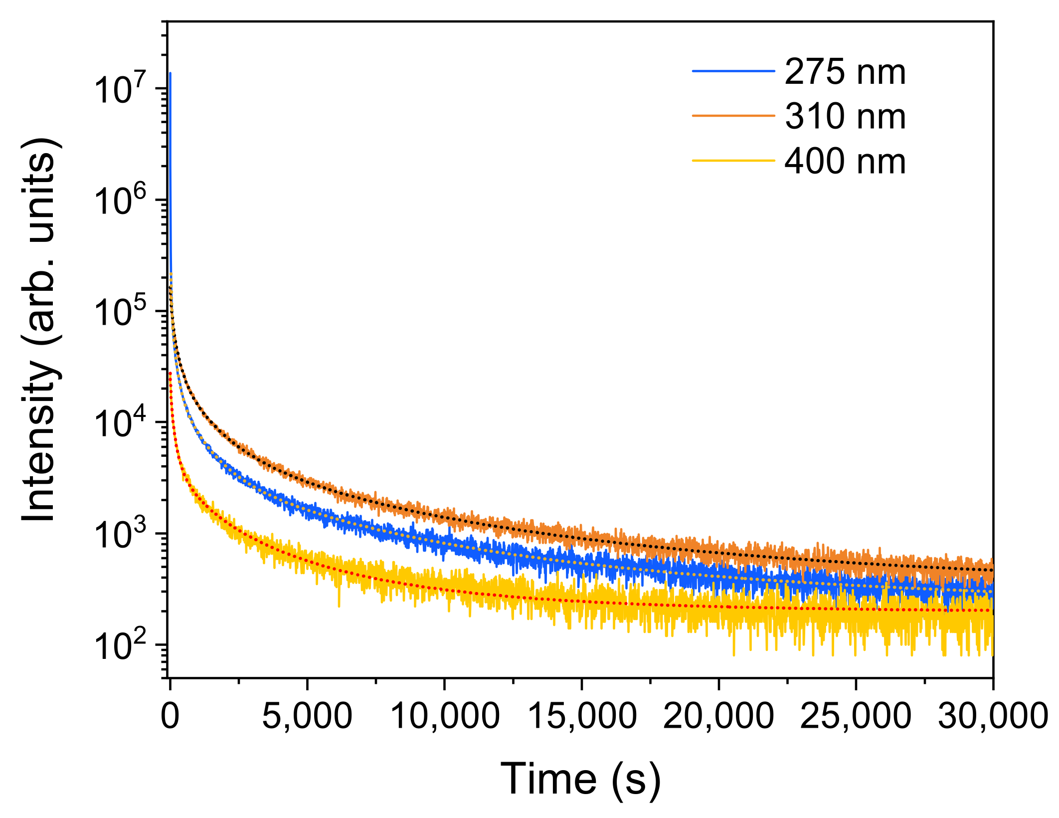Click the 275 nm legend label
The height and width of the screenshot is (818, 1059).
tap(845, 72)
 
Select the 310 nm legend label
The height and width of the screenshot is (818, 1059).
tap(845, 117)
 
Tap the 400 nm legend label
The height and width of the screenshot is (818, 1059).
tap(845, 162)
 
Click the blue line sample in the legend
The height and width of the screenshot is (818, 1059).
tap(733, 71)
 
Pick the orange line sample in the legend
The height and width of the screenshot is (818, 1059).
tap(733, 116)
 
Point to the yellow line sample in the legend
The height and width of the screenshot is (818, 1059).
tap(733, 161)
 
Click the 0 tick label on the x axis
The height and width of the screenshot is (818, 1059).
tap(170, 717)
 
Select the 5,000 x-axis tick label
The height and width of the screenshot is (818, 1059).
tap(307, 717)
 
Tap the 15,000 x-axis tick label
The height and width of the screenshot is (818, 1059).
tap(581, 717)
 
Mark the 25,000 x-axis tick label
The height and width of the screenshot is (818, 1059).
tap(856, 717)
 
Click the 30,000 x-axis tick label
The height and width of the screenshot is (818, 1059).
tap(992, 717)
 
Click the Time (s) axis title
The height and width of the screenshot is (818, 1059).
tap(581, 780)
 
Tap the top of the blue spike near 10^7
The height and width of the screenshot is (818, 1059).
tap(170, 74)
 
